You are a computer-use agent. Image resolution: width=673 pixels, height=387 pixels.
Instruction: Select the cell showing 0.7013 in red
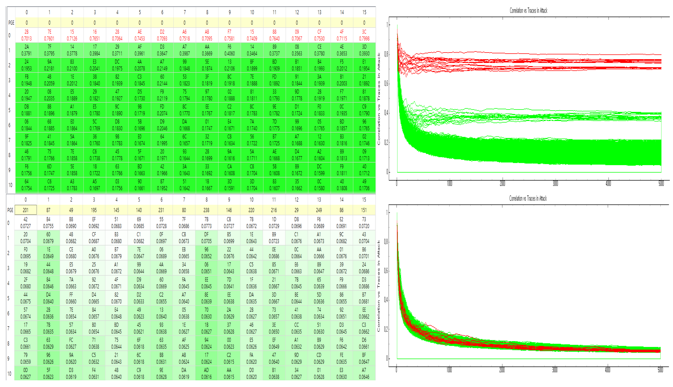(x=26, y=39)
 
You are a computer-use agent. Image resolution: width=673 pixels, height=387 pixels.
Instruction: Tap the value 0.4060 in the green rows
(x=229, y=53)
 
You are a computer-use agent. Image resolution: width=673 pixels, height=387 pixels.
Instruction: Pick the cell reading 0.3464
(x=252, y=53)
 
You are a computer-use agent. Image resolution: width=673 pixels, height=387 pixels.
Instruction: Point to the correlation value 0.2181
(x=49, y=68)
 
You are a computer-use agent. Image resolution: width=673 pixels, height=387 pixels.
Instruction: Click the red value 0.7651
(x=95, y=39)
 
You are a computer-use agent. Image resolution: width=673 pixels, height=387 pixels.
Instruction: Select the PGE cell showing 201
(x=26, y=210)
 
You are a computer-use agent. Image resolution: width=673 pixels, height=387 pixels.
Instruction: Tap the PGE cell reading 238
(x=206, y=210)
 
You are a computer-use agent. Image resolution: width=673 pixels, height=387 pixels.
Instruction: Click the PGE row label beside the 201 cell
(x=10, y=210)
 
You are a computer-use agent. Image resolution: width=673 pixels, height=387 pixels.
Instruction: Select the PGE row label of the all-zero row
(x=11, y=23)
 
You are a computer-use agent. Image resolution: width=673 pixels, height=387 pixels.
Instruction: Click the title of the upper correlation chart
(x=528, y=11)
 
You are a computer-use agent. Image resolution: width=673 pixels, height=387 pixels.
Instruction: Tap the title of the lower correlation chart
(x=528, y=198)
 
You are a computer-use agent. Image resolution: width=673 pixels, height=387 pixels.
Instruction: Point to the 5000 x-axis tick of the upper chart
(x=661, y=183)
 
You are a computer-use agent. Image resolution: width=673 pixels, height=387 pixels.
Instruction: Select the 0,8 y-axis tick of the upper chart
(x=386, y=54)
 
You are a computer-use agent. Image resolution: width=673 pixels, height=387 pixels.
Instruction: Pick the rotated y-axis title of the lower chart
(x=379, y=286)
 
